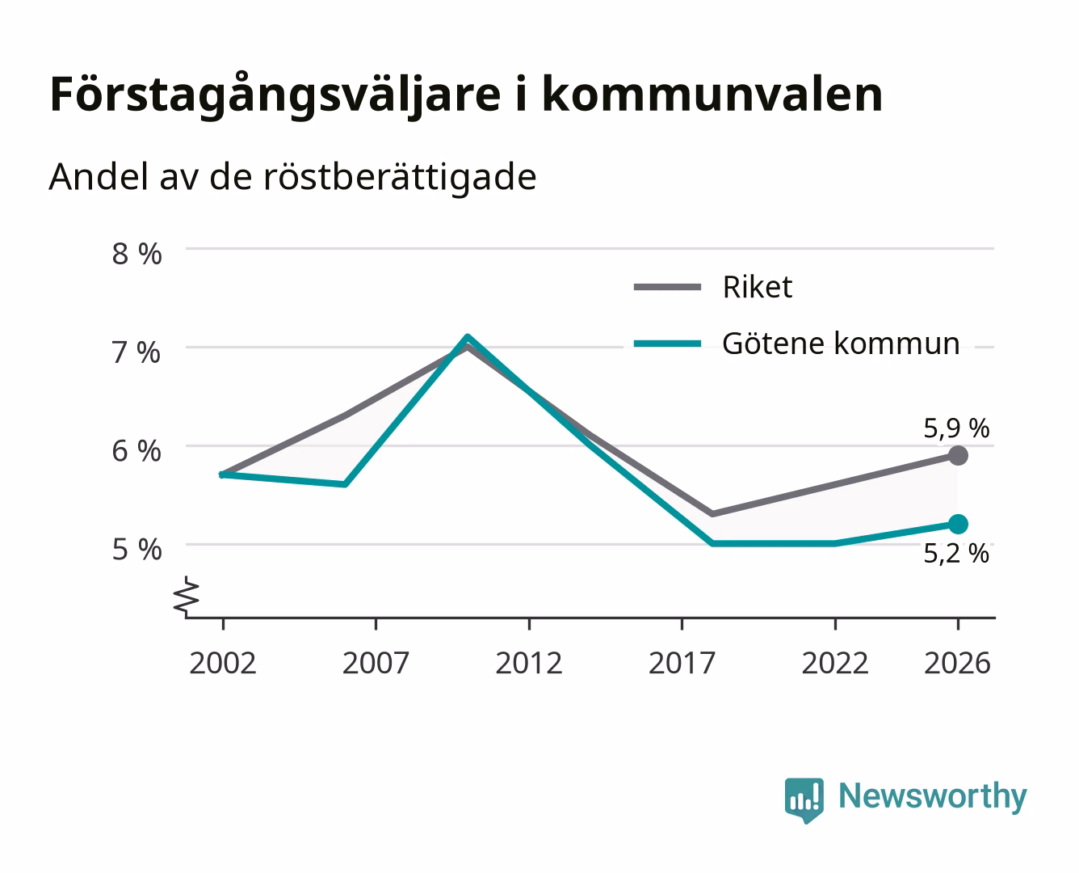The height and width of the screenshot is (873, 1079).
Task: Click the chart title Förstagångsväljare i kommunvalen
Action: (466, 95)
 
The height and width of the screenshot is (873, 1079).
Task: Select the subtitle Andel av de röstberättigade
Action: (292, 178)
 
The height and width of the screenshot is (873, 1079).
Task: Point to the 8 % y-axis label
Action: (136, 254)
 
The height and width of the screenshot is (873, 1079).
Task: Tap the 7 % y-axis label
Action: (136, 353)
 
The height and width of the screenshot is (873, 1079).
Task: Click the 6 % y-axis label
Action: (136, 451)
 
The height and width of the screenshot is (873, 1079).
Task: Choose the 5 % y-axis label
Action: (136, 550)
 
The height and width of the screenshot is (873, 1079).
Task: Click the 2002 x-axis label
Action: (223, 663)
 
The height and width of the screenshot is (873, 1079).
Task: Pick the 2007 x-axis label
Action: (376, 663)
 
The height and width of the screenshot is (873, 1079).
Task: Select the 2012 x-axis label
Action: (529, 663)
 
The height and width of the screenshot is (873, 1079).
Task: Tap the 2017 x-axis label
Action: (682, 663)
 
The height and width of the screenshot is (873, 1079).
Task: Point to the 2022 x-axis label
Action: (835, 663)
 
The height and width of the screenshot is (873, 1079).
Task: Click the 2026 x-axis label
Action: (957, 663)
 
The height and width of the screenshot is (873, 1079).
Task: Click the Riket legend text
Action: (758, 288)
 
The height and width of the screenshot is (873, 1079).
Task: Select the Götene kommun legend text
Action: (841, 344)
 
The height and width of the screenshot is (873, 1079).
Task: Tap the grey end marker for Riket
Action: (958, 456)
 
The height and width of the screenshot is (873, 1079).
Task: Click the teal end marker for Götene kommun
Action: (958, 525)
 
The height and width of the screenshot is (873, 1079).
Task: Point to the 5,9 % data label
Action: (956, 429)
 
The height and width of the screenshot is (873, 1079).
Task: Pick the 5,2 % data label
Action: (956, 554)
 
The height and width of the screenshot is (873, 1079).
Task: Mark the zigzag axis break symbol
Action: (187, 597)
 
